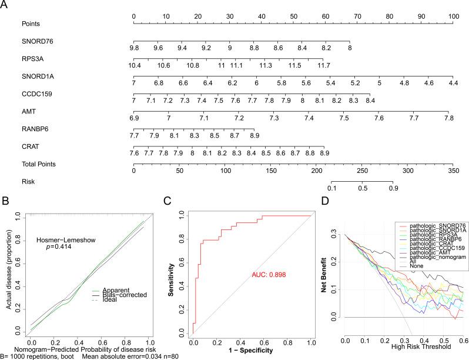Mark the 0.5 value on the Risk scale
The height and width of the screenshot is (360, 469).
click(363, 188)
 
